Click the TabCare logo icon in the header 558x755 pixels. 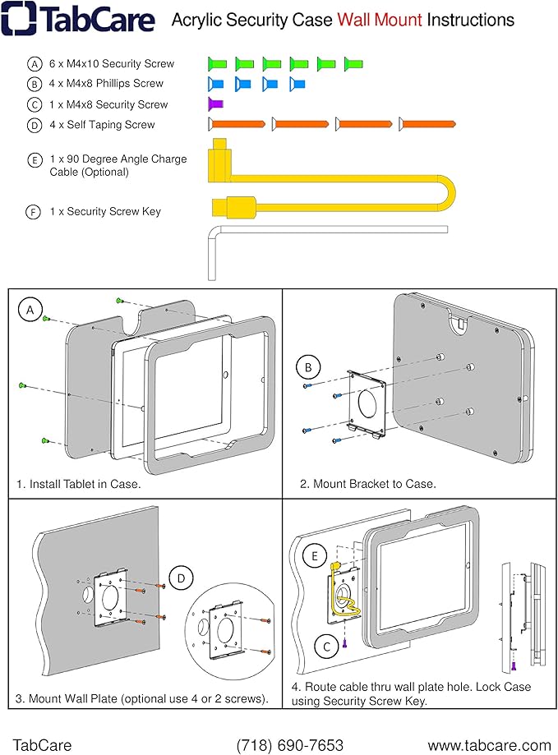[18, 18]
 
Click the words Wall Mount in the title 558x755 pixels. [378, 20]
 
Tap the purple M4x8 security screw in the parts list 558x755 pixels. [215, 104]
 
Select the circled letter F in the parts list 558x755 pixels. [34, 212]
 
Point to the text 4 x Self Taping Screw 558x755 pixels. [102, 125]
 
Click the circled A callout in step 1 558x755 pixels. [30, 309]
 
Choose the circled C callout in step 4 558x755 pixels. [326, 647]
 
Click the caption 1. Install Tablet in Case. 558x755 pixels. [79, 484]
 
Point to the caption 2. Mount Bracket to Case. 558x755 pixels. [367, 484]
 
